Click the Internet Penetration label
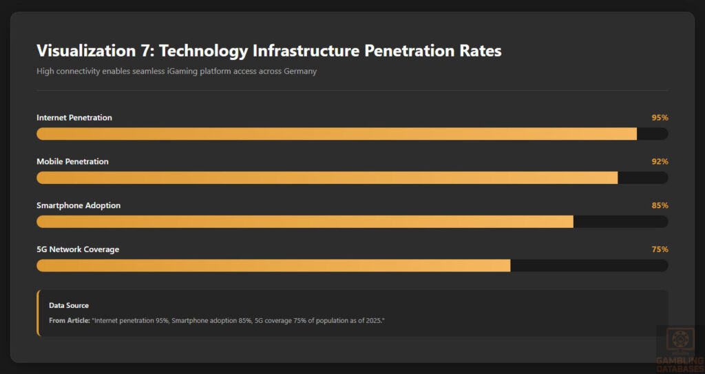point(74,118)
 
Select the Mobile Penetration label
point(72,162)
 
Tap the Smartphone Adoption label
point(78,206)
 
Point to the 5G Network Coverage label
point(78,250)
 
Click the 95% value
point(660,118)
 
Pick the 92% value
point(660,162)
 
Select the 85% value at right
point(660,206)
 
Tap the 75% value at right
point(660,250)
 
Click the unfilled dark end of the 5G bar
point(589,266)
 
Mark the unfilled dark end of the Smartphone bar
point(620,222)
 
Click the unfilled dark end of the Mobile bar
point(642,178)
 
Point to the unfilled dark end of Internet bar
point(652,134)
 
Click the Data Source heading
point(69,306)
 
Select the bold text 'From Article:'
point(69,321)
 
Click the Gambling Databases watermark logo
point(680,350)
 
